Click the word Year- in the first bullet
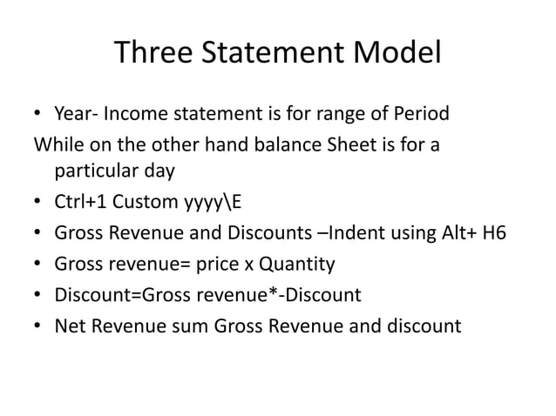pyautogui.click(x=77, y=115)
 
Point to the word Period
pyautogui.click(x=418, y=115)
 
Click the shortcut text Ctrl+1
pyautogui.click(x=78, y=204)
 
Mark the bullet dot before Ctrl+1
pyautogui.click(x=37, y=205)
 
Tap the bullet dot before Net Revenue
pyautogui.click(x=37, y=326)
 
